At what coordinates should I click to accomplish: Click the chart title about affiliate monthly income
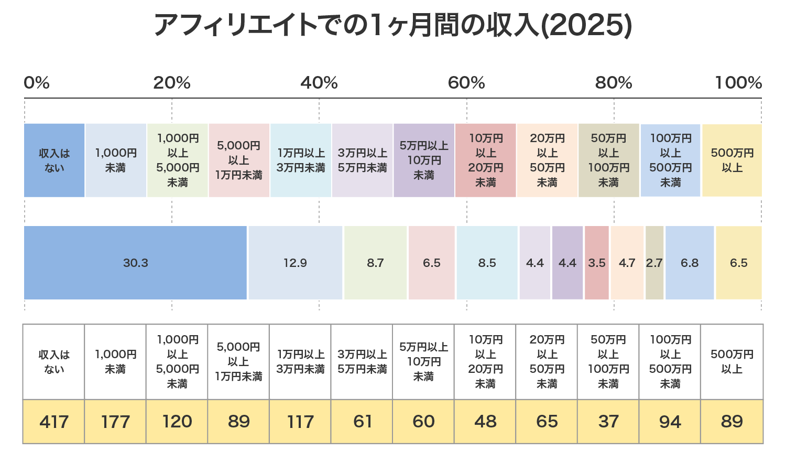tap(393, 25)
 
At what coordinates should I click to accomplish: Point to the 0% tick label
tap(37, 83)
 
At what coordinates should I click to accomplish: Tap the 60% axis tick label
tap(466, 83)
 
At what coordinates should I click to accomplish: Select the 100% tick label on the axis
tap(738, 83)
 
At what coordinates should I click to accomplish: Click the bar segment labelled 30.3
tap(135, 263)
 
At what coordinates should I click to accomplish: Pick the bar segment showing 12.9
tap(296, 263)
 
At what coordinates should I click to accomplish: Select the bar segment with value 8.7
tap(375, 263)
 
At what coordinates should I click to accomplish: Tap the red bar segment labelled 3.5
tap(597, 263)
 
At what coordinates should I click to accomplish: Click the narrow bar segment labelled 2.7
tap(654, 263)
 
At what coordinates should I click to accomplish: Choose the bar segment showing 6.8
tap(690, 263)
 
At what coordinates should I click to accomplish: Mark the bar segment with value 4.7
tap(627, 263)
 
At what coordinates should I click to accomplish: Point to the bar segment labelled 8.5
tap(487, 263)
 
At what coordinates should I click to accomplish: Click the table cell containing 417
tap(54, 422)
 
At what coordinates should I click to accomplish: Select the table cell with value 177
tap(115, 422)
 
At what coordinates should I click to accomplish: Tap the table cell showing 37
tap(608, 422)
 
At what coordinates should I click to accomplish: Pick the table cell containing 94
tap(670, 422)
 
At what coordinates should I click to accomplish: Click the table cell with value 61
tap(362, 422)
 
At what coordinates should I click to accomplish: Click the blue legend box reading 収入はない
tap(54, 160)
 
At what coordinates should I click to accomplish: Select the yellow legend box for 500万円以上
tap(732, 160)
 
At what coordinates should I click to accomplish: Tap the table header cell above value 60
tap(423, 362)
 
